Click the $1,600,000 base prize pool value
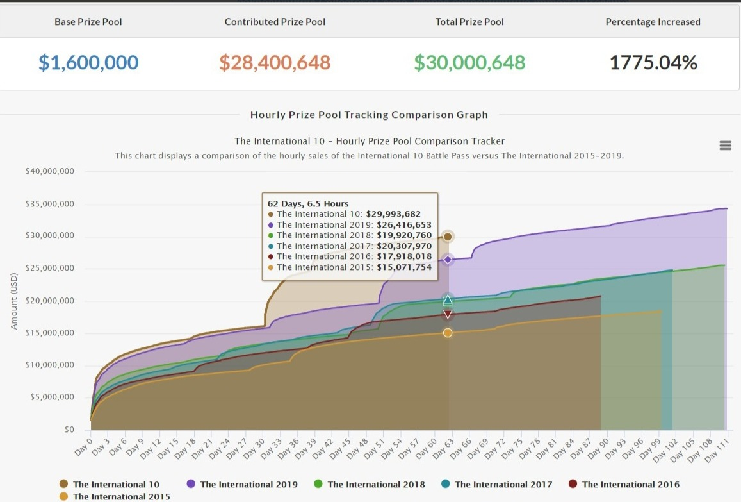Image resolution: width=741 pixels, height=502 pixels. tap(88, 62)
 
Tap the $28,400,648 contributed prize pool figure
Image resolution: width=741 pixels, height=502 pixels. tap(275, 62)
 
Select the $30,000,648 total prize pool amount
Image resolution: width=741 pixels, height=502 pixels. tap(469, 62)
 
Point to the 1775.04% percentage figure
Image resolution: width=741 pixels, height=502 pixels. tap(653, 62)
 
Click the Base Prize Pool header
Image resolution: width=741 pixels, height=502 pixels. tap(88, 22)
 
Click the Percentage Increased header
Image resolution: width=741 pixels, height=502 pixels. tap(653, 22)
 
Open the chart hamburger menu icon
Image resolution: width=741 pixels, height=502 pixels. tap(725, 146)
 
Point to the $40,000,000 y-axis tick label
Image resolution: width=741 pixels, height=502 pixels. tap(49, 171)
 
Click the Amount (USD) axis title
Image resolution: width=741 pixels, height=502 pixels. tap(14, 301)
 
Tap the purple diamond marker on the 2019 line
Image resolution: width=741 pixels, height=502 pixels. tap(448, 260)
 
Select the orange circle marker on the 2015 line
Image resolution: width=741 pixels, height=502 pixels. tap(448, 333)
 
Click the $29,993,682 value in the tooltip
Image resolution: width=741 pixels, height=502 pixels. tap(393, 214)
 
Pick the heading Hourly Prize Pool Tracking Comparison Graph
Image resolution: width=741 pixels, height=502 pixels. tap(369, 115)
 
